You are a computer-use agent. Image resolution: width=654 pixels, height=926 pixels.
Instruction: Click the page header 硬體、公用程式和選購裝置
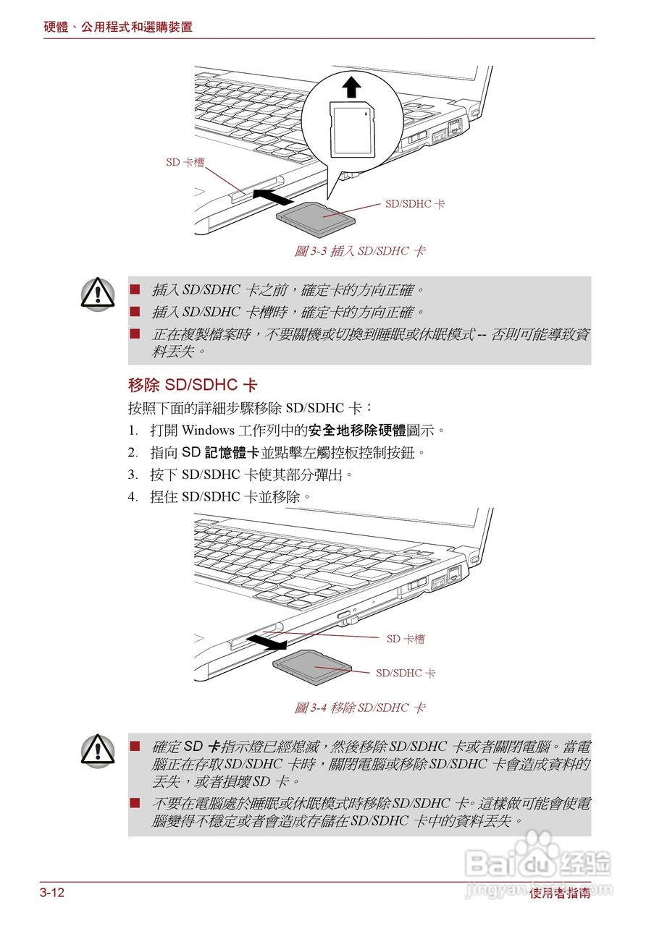tap(118, 27)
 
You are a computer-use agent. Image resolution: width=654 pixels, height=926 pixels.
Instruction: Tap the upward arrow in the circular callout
tap(351, 88)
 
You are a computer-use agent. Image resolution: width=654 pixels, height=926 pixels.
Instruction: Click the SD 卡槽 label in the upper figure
tap(185, 163)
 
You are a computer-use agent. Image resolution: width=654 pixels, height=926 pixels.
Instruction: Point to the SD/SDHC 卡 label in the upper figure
tap(415, 204)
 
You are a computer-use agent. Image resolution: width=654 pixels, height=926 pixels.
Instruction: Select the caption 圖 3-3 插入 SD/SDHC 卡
tap(359, 251)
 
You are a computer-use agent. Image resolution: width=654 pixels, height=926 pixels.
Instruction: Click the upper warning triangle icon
tap(98, 293)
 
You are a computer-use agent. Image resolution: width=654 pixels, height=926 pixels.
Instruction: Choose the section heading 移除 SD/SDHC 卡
tap(192, 384)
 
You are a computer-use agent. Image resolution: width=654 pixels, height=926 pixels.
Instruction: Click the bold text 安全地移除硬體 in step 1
tap(357, 430)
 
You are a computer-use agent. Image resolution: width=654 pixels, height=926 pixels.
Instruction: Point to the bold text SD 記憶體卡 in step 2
tap(220, 453)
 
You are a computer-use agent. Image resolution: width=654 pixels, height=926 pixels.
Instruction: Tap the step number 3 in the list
tap(133, 475)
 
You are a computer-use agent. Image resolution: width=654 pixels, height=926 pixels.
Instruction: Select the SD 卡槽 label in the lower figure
tap(406, 639)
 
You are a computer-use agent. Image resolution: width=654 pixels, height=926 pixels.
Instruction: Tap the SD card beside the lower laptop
tap(312, 666)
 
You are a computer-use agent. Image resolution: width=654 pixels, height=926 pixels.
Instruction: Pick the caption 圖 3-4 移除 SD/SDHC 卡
tap(359, 708)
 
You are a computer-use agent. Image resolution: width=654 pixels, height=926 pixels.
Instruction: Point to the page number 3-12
tap(52, 893)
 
